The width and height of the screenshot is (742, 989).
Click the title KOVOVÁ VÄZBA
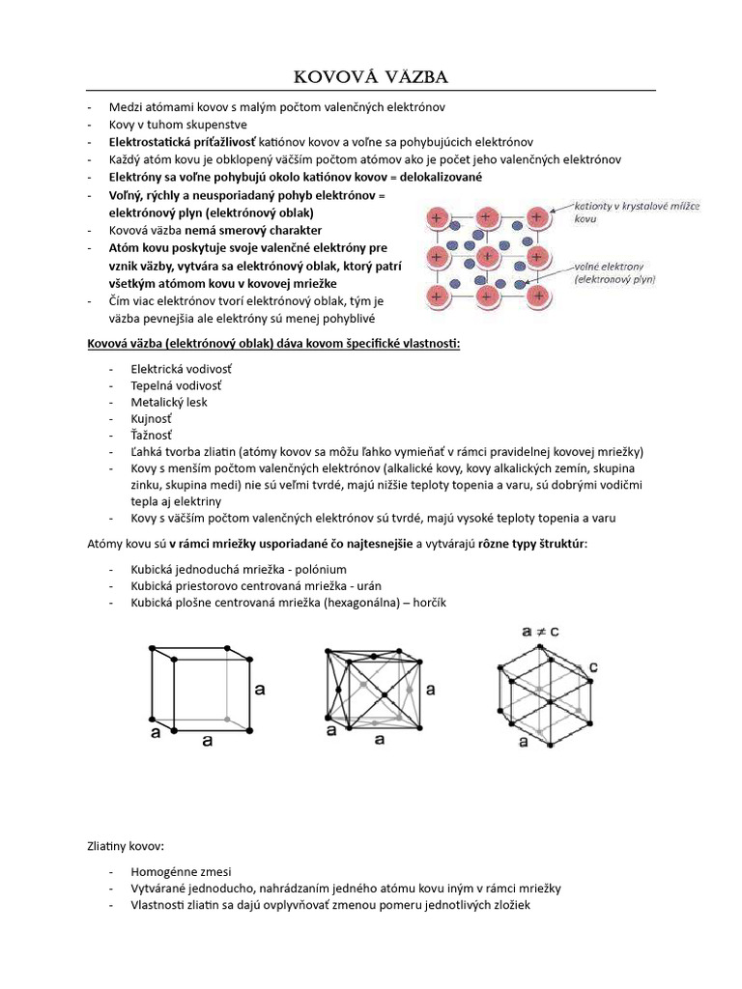pyautogui.click(x=371, y=76)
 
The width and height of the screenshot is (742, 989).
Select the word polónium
pyautogui.click(x=317, y=569)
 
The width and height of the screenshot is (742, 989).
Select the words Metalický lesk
pyautogui.click(x=170, y=402)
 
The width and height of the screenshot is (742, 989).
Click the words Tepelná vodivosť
pyautogui.click(x=181, y=385)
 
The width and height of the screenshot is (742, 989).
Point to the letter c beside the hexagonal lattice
pyautogui.click(x=593, y=666)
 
